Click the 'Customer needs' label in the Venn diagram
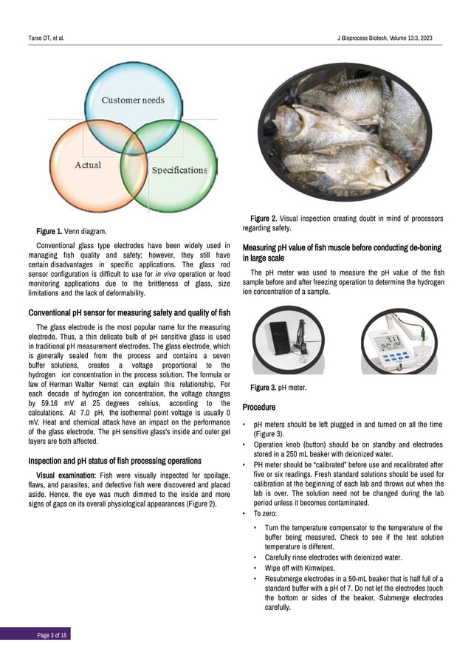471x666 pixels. (x=133, y=100)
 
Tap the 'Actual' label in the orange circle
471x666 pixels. (x=88, y=165)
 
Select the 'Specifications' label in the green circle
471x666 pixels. (x=179, y=170)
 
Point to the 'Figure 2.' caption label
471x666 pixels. (x=264, y=219)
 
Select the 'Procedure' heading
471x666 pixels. (x=258, y=408)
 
